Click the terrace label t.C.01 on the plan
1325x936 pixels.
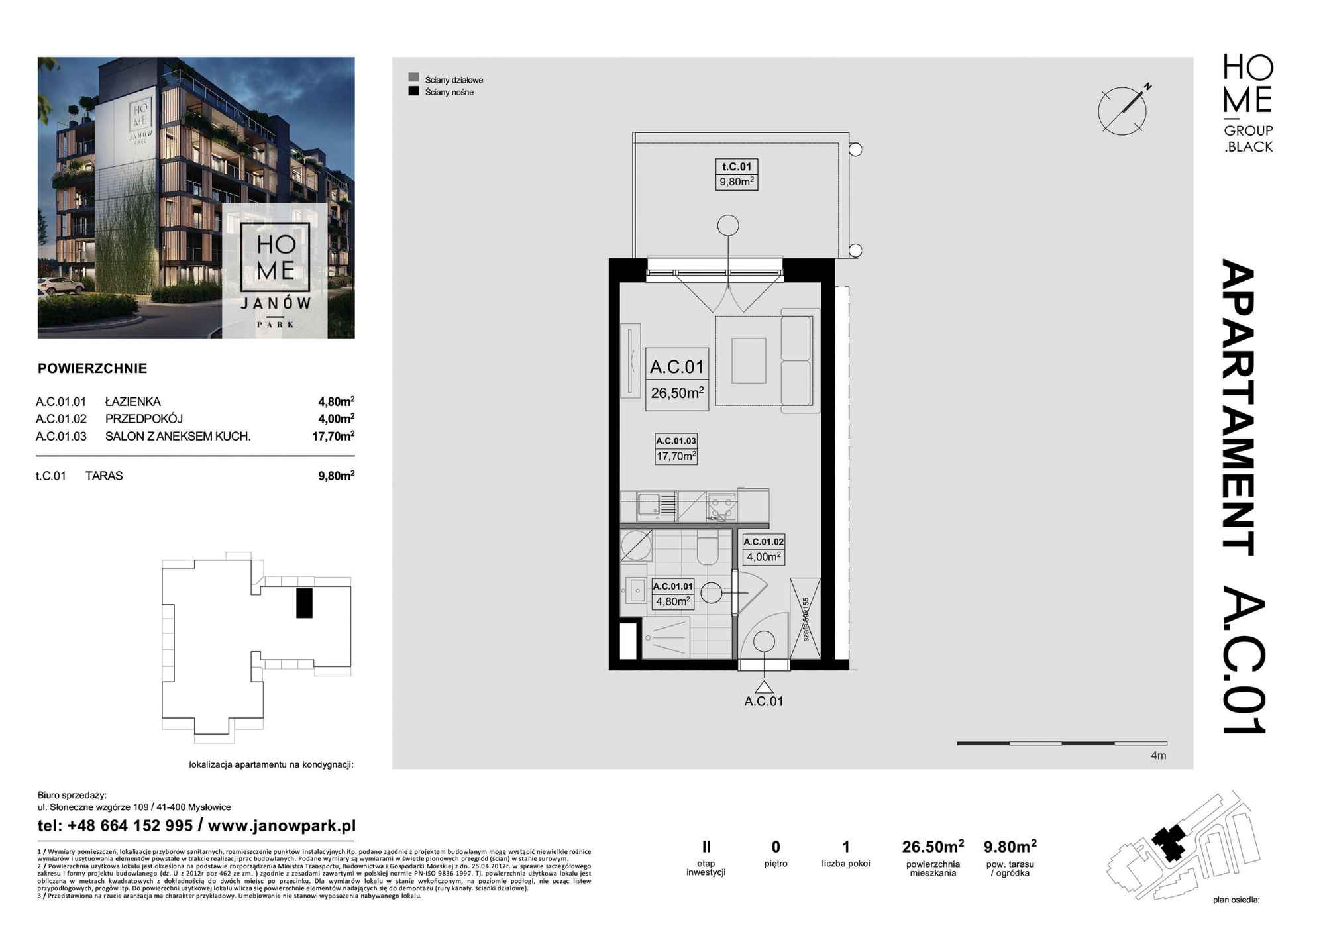(x=736, y=167)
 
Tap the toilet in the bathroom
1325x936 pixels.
(x=708, y=550)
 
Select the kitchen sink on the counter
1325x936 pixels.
(x=648, y=507)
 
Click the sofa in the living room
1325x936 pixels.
(x=796, y=361)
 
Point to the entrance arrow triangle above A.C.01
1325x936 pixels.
(x=764, y=687)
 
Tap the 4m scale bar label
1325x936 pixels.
(x=1158, y=756)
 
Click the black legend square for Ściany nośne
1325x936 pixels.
(x=414, y=91)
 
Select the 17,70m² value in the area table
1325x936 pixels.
(x=333, y=436)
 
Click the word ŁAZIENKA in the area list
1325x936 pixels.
(x=132, y=401)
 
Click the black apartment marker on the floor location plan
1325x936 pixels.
(x=304, y=603)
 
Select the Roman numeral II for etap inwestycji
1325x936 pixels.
(x=706, y=846)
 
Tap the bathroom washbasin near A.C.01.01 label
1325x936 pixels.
(x=636, y=590)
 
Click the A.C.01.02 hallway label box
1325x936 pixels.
(x=763, y=549)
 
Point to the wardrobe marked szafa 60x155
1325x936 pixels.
(x=806, y=618)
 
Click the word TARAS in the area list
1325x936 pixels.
(x=104, y=476)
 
